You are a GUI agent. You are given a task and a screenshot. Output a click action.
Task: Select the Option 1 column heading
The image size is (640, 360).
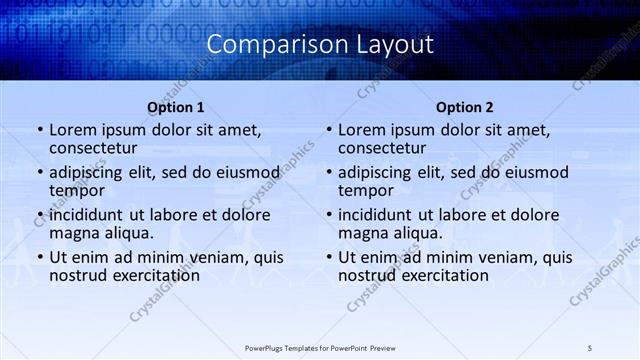point(176,107)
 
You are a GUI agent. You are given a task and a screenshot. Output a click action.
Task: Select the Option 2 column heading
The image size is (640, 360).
point(465,107)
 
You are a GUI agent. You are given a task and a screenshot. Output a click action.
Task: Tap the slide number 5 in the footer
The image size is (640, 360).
point(590,347)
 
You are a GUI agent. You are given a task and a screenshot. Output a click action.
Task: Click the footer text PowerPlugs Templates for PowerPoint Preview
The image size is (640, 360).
point(319,347)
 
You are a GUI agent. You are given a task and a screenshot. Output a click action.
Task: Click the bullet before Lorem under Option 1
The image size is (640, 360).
point(39,130)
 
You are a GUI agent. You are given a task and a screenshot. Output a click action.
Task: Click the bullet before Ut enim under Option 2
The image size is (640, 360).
point(328,257)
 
